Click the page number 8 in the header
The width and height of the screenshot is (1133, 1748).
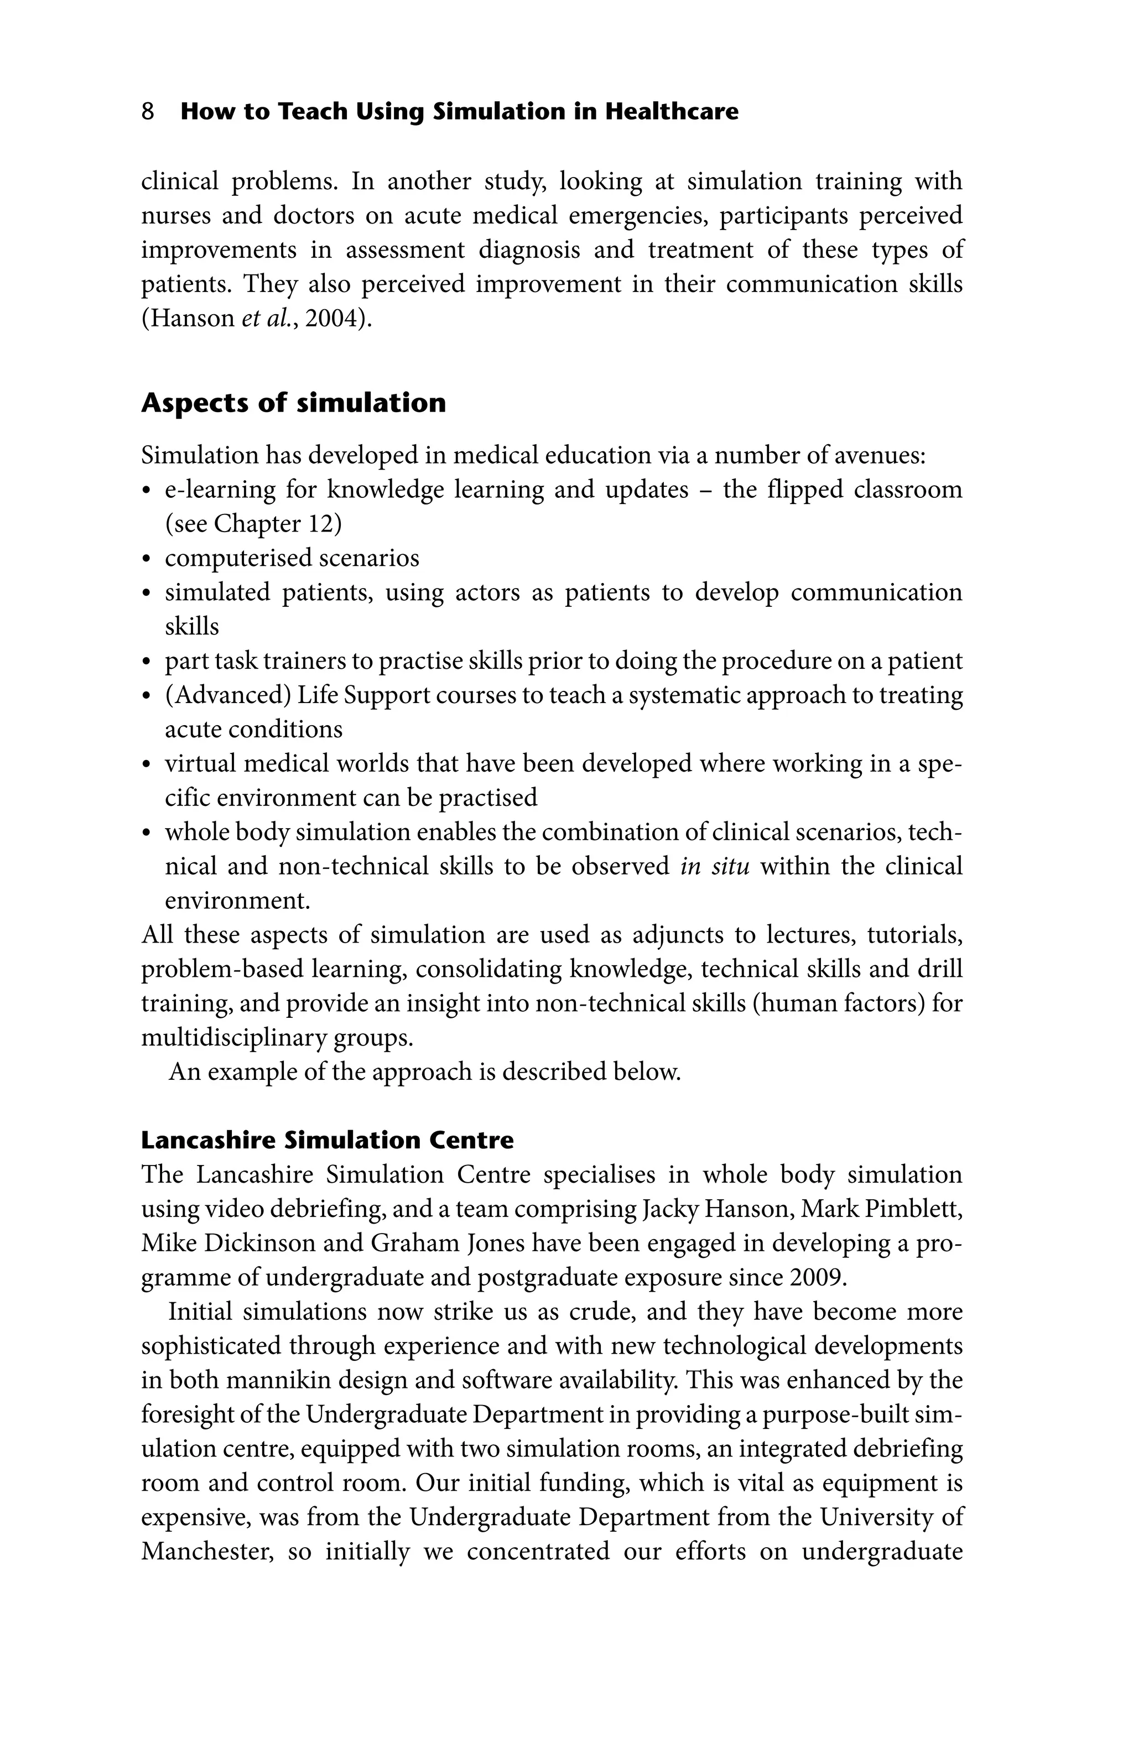(x=148, y=112)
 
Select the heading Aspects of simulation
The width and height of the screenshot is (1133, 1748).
(x=293, y=403)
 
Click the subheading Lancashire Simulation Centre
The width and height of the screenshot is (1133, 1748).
(x=327, y=1140)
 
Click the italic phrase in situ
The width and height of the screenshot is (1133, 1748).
(x=714, y=867)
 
